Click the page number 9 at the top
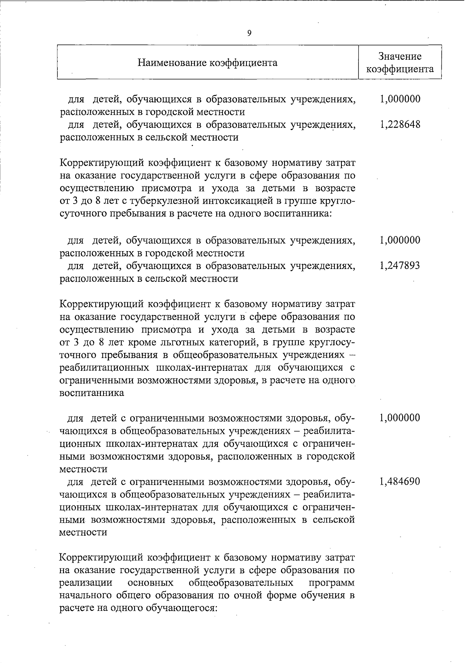[x=249, y=33]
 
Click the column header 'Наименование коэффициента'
[x=208, y=63]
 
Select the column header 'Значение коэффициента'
[x=400, y=63]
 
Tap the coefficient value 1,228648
[x=400, y=125]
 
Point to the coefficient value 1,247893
[x=400, y=266]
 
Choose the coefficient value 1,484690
[x=400, y=481]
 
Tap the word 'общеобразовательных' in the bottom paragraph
[x=240, y=583]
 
